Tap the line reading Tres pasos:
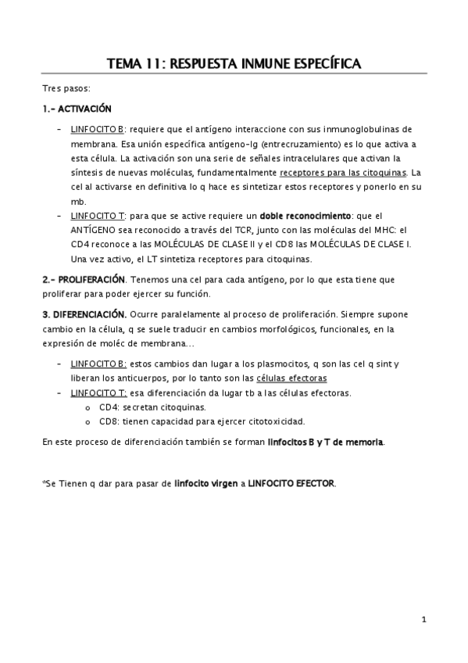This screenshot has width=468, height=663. (67, 89)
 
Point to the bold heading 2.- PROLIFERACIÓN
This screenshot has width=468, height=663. (84, 279)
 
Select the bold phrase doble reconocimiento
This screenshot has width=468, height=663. (305, 215)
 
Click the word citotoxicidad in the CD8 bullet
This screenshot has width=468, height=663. (256, 422)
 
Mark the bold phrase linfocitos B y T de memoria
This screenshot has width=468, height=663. (325, 443)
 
